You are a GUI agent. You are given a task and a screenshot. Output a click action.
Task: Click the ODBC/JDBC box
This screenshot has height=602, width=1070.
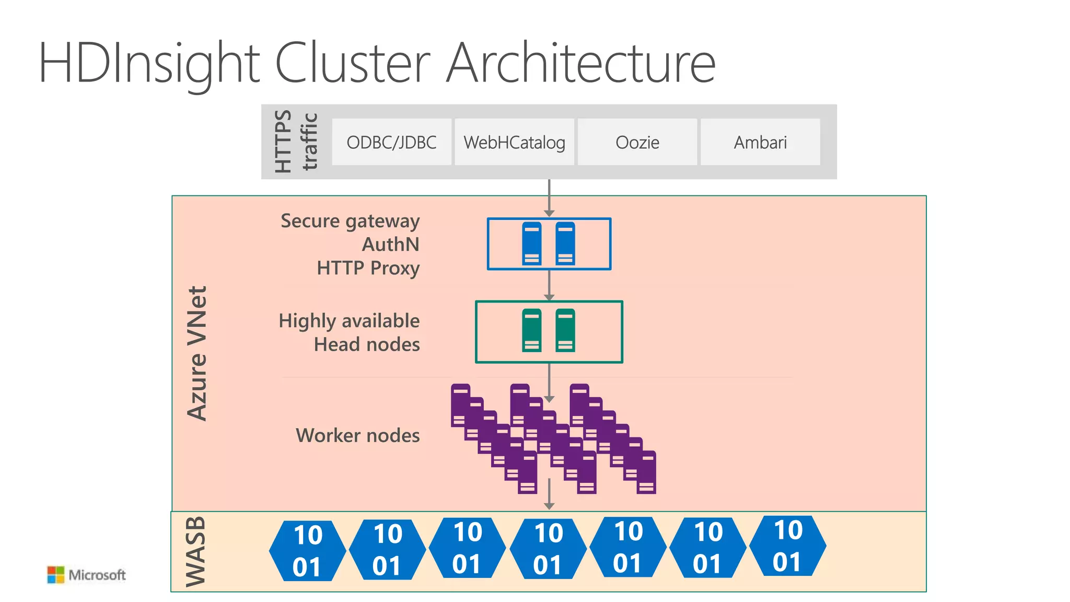click(391, 142)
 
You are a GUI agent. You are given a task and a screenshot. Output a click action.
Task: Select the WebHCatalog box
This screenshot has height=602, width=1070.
click(514, 142)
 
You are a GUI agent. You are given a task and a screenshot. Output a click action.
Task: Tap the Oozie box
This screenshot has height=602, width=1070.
click(637, 142)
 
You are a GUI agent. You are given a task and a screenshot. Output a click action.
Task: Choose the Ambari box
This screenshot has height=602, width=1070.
click(760, 142)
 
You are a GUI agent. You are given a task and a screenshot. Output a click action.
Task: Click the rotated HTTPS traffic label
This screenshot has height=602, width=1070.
click(296, 141)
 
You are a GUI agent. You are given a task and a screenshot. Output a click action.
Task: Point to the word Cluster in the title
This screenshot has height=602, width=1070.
click(352, 63)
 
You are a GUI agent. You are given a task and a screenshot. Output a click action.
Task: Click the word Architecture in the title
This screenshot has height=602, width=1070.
click(580, 63)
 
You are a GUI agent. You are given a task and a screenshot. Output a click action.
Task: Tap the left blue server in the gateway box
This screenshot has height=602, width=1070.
click(532, 244)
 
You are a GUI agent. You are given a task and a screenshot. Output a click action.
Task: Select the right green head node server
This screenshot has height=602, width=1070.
click(565, 330)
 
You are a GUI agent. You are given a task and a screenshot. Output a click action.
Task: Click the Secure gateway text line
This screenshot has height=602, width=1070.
click(350, 221)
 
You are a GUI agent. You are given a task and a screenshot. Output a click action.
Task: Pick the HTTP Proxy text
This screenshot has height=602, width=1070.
click(368, 268)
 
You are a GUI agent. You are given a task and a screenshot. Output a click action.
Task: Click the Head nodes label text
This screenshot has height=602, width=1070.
click(367, 344)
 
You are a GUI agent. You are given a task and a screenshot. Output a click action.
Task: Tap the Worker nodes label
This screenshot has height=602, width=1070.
click(357, 435)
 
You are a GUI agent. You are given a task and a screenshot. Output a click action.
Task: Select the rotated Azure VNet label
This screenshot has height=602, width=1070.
click(197, 353)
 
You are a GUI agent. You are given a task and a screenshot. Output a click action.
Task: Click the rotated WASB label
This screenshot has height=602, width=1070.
click(196, 551)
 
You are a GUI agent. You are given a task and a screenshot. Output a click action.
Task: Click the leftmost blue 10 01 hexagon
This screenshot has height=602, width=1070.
click(307, 551)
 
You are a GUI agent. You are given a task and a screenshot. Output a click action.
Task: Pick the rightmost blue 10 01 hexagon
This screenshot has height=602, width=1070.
click(787, 546)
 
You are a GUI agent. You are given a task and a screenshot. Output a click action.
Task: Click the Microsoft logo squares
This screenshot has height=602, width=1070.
click(55, 575)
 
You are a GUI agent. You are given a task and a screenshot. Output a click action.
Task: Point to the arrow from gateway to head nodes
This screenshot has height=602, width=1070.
click(549, 285)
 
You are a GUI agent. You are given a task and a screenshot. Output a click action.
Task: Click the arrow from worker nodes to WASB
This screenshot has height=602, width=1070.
click(549, 494)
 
